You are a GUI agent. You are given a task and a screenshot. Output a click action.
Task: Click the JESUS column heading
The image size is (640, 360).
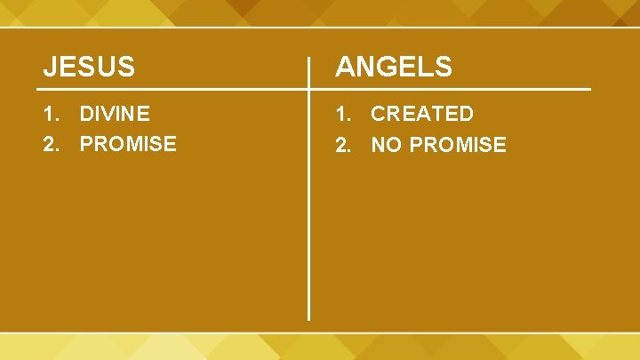coord(90,66)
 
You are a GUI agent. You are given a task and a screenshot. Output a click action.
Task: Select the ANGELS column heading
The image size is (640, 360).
coord(394,66)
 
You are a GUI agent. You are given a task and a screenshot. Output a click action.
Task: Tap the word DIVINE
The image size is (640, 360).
coord(115,114)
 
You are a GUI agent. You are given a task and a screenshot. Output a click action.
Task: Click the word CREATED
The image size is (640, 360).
coord(422,114)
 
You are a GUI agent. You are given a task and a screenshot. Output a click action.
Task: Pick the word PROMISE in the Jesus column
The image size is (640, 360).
coord(128,144)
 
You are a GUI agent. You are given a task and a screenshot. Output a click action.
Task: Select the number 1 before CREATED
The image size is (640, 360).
coord(340,114)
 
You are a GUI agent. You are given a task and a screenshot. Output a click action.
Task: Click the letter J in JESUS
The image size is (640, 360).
coord(51,66)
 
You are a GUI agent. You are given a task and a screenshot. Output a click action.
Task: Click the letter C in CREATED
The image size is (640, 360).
coord(380,114)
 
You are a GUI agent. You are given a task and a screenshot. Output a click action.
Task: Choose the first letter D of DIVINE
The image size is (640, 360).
coord(87,114)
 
